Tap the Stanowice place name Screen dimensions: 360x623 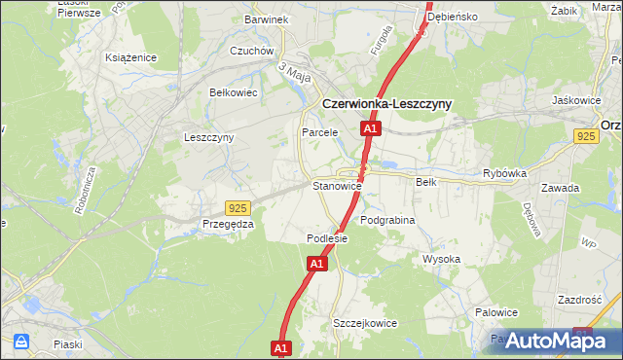point(337,185)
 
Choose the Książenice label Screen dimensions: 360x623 point(131,57)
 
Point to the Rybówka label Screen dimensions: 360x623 point(504,173)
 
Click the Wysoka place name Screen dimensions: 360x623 point(441,259)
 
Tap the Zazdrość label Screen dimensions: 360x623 point(582,300)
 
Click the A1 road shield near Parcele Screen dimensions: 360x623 point(370,128)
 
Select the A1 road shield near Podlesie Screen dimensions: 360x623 point(317,264)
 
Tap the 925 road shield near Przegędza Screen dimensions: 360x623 point(237,208)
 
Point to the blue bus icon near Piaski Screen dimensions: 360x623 point(20,342)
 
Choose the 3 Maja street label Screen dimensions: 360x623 point(293,71)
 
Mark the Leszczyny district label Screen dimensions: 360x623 point(208,137)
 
